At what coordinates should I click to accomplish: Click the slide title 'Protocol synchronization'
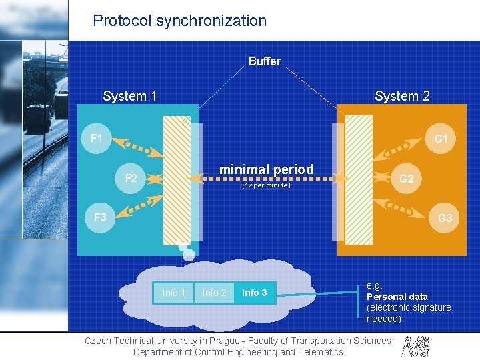click(179, 21)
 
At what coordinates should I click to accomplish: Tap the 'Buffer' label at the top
click(265, 61)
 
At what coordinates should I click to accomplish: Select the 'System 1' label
click(130, 96)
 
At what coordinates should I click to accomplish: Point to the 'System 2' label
click(402, 96)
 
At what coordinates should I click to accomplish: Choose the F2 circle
click(131, 178)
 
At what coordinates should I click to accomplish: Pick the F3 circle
click(101, 218)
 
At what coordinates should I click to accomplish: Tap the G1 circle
click(441, 139)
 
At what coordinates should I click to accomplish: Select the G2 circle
click(406, 179)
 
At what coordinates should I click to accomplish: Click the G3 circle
click(445, 219)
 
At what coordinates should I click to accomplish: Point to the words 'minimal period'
click(267, 169)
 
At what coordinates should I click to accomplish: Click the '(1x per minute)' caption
click(267, 185)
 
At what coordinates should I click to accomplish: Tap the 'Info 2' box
click(214, 293)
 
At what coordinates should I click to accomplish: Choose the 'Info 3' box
click(255, 293)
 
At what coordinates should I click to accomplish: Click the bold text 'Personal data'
click(397, 297)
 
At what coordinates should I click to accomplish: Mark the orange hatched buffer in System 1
click(177, 180)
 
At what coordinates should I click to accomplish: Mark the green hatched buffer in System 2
click(359, 180)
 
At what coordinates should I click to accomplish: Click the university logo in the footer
click(415, 345)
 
